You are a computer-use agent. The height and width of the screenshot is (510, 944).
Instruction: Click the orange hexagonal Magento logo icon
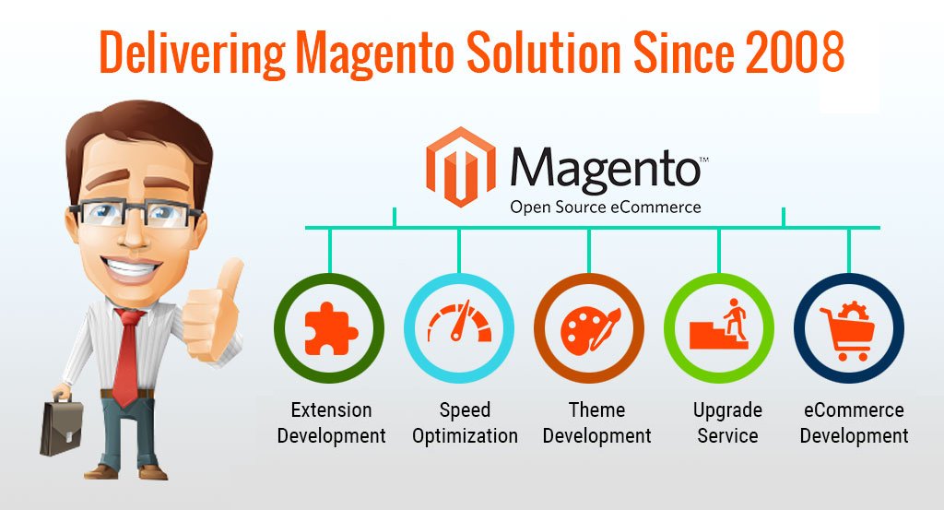pos(461,167)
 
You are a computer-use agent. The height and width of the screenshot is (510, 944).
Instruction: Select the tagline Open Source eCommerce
pos(606,208)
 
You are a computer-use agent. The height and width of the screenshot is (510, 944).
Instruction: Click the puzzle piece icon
pos(331,328)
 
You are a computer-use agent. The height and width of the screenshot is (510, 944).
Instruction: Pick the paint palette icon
pos(590,328)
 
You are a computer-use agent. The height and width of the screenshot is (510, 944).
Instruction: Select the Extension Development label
pos(331,422)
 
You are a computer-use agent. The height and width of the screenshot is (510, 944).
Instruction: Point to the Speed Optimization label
pos(465,422)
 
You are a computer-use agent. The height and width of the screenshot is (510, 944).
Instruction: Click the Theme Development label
pos(596,422)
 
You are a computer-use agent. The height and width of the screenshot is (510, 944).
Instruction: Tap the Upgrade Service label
pos(727,422)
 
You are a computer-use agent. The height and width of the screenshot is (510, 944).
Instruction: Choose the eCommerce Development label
pos(854,422)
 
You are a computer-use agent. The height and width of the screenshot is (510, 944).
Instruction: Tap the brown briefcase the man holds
pos(62,427)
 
